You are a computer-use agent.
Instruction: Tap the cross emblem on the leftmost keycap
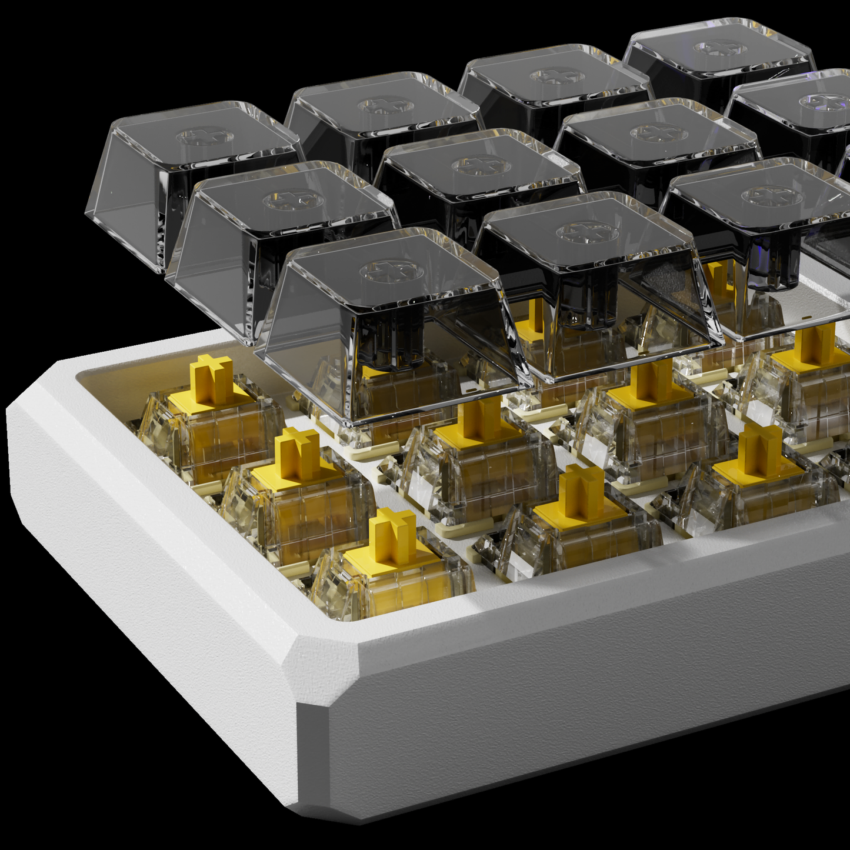pyautogui.click(x=205, y=137)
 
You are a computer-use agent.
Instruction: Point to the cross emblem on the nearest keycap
pyautogui.click(x=392, y=272)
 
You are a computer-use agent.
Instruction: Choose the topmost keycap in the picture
pyautogui.click(x=718, y=59)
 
